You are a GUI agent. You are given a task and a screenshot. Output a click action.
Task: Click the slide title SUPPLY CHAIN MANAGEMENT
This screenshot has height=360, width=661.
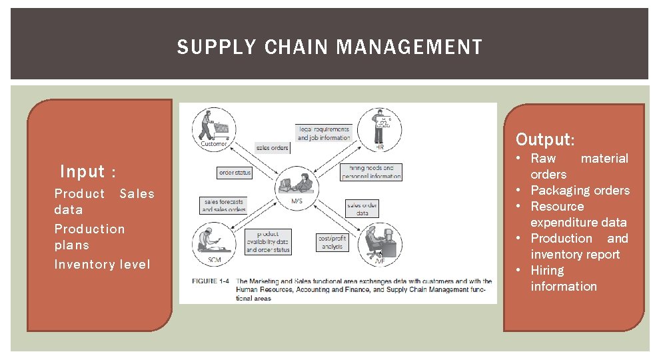pos(329,47)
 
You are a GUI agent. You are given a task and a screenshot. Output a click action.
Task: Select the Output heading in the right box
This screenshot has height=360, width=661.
pos(544,140)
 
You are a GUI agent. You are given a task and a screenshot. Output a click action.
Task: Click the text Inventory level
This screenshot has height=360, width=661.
pos(102,265)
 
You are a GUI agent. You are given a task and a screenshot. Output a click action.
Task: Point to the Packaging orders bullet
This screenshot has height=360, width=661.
pos(580,191)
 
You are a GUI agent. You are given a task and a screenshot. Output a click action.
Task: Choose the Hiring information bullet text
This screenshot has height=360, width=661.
pos(563,279)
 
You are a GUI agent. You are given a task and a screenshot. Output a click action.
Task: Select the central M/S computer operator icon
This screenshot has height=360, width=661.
pos(296,182)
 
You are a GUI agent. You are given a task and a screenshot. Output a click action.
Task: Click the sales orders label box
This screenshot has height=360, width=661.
pos(272,147)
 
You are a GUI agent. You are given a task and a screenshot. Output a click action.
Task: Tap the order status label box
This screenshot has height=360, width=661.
pos(235,173)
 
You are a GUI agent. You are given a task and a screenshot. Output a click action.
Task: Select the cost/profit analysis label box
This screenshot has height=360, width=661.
pos(332,242)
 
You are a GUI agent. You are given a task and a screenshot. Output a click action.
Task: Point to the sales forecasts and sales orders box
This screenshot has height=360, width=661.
pos(225,205)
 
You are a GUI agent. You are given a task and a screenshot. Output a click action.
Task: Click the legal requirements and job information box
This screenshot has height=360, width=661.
pos(323,133)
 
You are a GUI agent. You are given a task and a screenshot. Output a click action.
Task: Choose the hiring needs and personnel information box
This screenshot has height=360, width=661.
pos(371,173)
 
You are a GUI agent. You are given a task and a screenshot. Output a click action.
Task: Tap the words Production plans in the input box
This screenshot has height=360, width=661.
pos(89,237)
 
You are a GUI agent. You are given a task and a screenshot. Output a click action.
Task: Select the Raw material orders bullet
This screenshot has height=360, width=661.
pos(579,167)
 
